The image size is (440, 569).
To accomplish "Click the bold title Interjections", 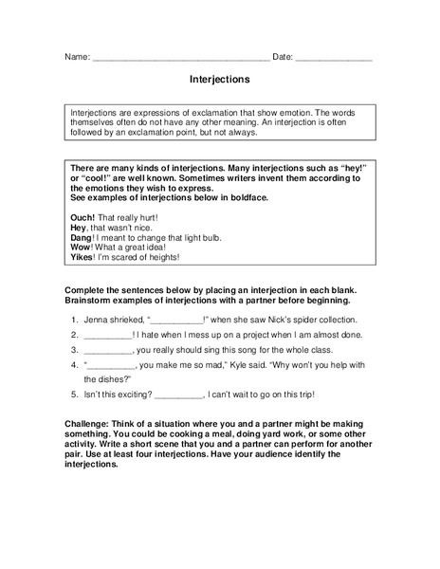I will tap(220, 82).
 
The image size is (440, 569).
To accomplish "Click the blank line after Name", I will tap(181, 59).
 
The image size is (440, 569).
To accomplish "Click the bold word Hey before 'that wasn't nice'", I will tap(79, 228).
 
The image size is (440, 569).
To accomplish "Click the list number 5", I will tap(74, 394).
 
